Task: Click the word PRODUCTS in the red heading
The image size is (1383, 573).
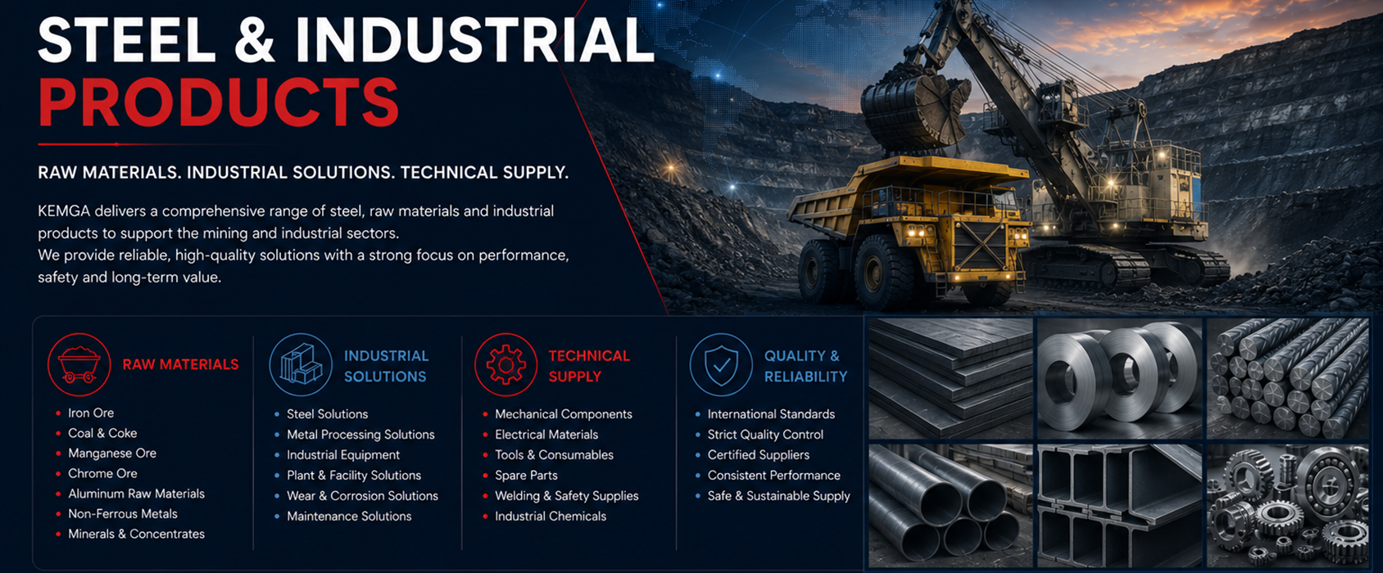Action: tap(219, 102)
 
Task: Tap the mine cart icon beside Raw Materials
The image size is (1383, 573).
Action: tap(79, 364)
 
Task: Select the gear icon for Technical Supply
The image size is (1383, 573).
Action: tap(506, 364)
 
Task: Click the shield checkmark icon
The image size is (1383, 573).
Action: tap(721, 364)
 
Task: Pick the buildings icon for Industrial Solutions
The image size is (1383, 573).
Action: tap(301, 364)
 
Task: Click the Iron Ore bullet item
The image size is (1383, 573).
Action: tap(91, 413)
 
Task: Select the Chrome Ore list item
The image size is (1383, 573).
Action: tap(102, 473)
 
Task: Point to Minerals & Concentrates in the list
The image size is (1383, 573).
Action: tap(137, 534)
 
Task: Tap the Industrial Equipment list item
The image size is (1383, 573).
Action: tap(343, 454)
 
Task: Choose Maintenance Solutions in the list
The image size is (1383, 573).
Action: tap(349, 516)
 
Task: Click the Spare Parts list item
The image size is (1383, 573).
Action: tap(526, 475)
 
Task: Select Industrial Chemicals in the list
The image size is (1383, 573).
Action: tap(550, 516)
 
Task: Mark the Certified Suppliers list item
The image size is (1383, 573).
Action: tap(758, 454)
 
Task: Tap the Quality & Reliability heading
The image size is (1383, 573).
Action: tap(805, 366)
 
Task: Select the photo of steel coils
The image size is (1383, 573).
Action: tap(1119, 379)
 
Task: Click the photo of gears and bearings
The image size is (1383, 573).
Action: tap(1288, 506)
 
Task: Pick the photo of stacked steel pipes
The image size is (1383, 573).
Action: tap(950, 506)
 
